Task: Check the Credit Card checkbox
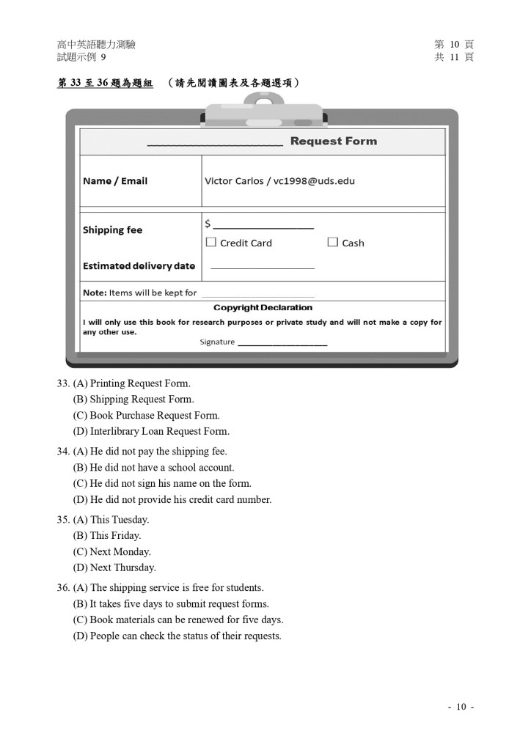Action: tap(211, 242)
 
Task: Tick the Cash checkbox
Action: tap(332, 242)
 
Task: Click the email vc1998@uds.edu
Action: tap(314, 181)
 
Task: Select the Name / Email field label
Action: tap(115, 181)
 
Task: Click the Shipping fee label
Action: tap(112, 230)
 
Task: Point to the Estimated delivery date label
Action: tap(139, 266)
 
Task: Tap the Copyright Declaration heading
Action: tap(263, 308)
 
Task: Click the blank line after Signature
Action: tap(282, 343)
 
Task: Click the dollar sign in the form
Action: tap(208, 224)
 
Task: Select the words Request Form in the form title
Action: tap(333, 141)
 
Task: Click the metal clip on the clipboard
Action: tap(263, 114)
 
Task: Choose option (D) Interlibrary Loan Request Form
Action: tap(151, 432)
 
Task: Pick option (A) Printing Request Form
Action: tap(131, 383)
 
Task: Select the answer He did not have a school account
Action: tap(153, 468)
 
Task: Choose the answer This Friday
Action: tap(107, 536)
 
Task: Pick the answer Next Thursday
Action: tap(114, 568)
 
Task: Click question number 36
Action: tap(63, 588)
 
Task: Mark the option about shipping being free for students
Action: tap(168, 588)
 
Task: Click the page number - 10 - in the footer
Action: tap(461, 707)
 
